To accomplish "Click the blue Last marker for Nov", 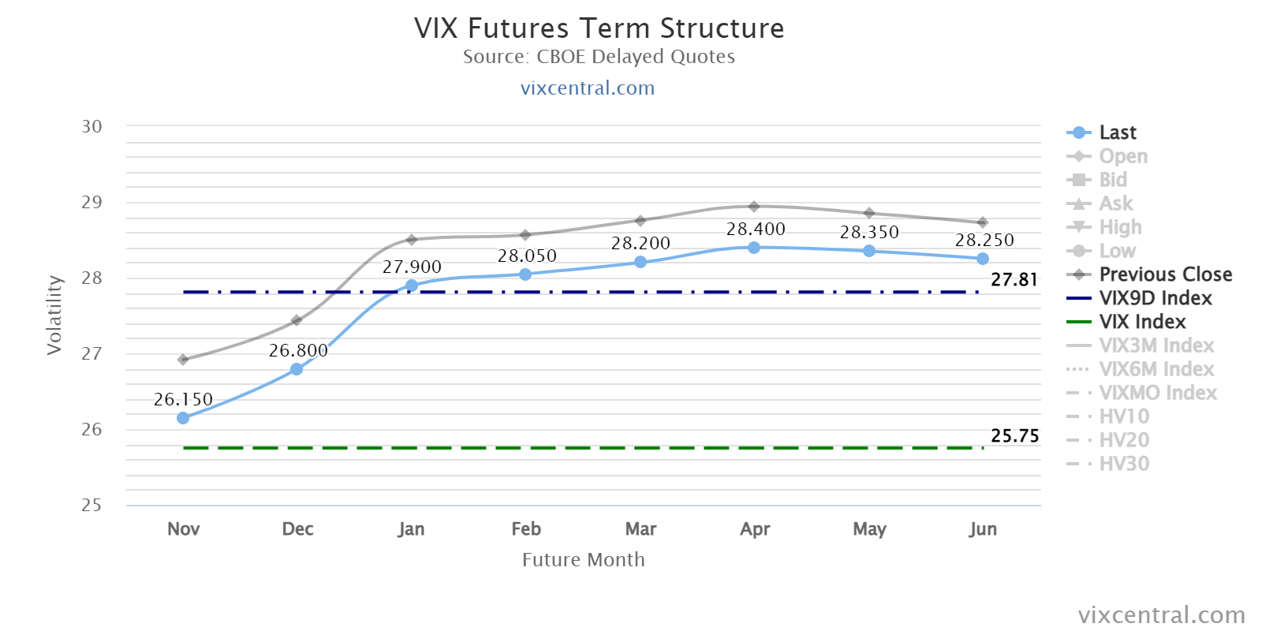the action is coord(182,418).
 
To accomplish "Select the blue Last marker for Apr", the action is coord(754,248).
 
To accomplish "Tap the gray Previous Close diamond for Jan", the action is coord(411,240).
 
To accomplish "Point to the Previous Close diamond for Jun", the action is coord(983,222).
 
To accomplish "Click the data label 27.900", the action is coord(412,267).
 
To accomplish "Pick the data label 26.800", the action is coord(298,350).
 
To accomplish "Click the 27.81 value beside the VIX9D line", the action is coord(1014,279).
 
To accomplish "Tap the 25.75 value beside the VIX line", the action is coord(1014,435).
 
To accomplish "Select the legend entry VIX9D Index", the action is coord(1139,298).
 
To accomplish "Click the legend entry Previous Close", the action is coord(1149,274).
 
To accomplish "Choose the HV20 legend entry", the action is coord(1107,440).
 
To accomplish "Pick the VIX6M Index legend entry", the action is coord(1141,369).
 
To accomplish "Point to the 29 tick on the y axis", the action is coord(91,202).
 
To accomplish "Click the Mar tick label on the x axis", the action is coord(640,529).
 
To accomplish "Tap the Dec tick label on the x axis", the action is coord(297,529).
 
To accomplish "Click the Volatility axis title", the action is coord(54,315).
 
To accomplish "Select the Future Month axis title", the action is coord(583,559).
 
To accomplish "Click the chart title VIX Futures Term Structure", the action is coord(599,28).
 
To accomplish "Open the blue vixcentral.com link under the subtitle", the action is coord(588,88).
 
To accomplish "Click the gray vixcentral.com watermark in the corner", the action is coord(1162,614).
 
